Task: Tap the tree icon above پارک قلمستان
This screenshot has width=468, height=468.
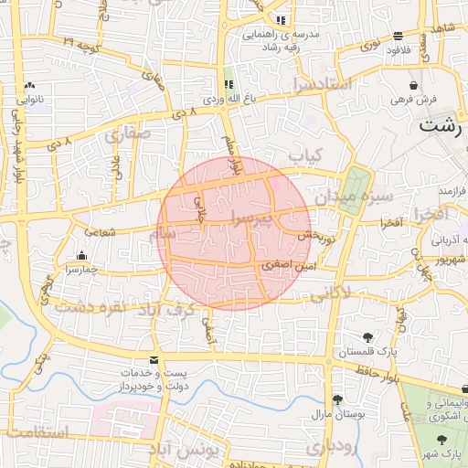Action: point(367,337)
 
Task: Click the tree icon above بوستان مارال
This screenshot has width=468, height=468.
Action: point(338,399)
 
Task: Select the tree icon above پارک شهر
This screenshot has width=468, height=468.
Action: point(441,440)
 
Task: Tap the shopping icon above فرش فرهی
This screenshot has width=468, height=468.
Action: point(414,84)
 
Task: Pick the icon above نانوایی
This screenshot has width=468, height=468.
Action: point(29,85)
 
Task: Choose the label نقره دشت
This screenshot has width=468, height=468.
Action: point(89,306)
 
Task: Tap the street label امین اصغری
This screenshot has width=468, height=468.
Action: point(288,265)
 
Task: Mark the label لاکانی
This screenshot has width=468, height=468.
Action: point(332,294)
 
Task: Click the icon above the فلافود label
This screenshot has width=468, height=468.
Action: point(399,37)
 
